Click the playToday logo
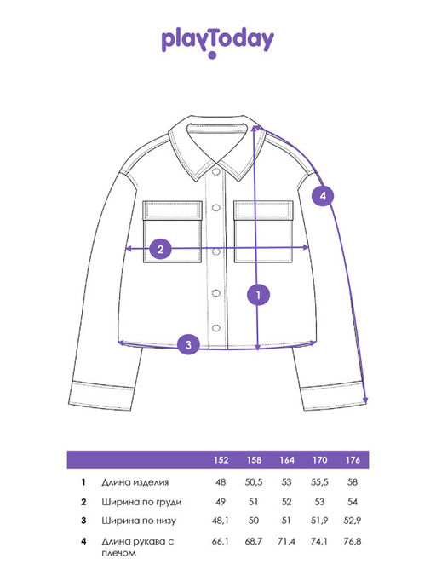217,42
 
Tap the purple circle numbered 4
323,196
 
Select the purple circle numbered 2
160,249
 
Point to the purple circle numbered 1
258,295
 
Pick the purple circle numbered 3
188,344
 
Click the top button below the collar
215,171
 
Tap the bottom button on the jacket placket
216,328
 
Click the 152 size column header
221,460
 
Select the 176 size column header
353,460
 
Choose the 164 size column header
287,460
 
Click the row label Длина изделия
135,482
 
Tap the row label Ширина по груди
141,502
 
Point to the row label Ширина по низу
139,521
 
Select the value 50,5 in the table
254,482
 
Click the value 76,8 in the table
353,541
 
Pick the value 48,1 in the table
220,521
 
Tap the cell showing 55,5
319,482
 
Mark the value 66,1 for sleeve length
220,541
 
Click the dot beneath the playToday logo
212,55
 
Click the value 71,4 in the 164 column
286,541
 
